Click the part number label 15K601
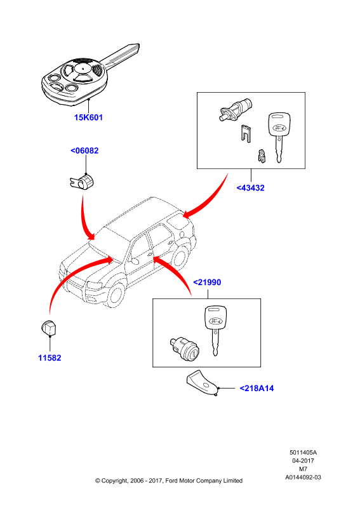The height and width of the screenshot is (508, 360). [x=88, y=117]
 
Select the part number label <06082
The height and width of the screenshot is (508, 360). [x=84, y=150]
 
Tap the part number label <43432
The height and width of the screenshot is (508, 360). [x=251, y=188]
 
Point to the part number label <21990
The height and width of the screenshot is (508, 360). [x=207, y=282]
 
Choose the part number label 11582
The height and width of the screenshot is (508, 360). [x=50, y=358]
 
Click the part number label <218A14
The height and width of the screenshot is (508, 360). [x=257, y=388]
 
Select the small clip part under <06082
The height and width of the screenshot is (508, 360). [x=82, y=182]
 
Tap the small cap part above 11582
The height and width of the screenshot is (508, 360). [x=49, y=328]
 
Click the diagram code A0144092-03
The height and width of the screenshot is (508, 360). [x=303, y=478]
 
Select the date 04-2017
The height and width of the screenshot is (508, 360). [x=303, y=460]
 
